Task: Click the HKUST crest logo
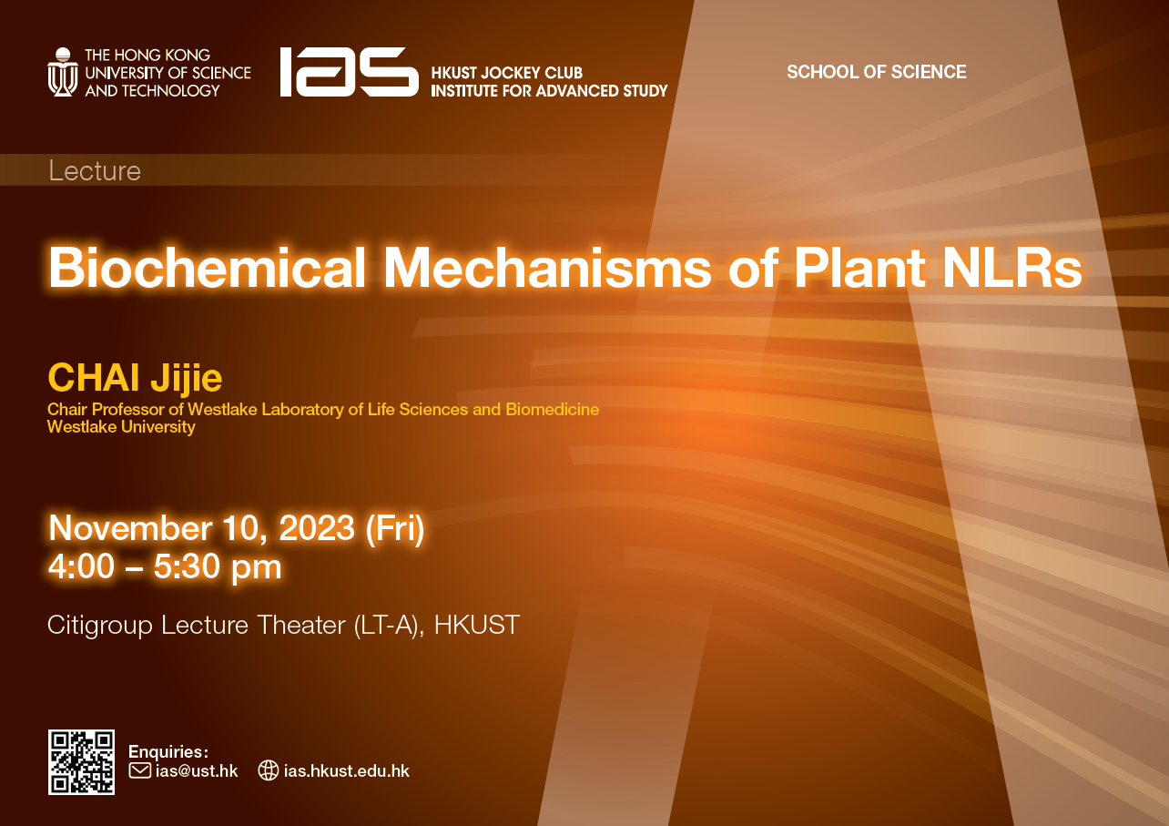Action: point(62,72)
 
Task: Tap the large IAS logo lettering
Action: point(348,72)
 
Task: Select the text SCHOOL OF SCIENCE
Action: point(876,72)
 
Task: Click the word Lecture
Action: point(95,171)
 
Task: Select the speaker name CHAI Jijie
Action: point(135,378)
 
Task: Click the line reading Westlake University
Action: point(121,427)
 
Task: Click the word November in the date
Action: point(130,529)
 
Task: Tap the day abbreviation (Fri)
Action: point(395,529)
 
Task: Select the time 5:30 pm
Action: point(217,567)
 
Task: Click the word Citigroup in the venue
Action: point(99,626)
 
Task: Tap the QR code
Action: point(81,762)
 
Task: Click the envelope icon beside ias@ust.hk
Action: point(139,771)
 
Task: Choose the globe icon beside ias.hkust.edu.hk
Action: point(268,771)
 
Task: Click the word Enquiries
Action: point(168,751)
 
